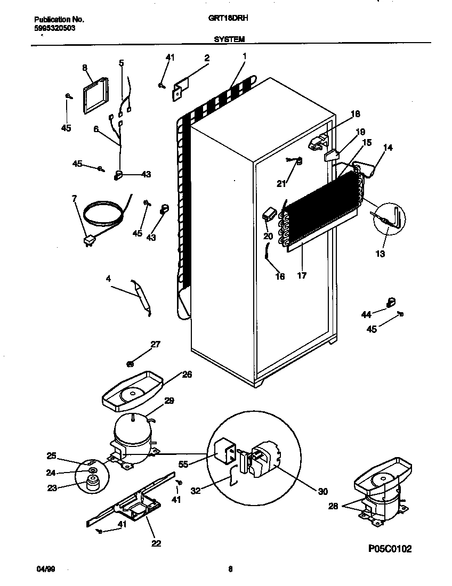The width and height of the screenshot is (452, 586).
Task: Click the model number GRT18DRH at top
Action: (x=223, y=18)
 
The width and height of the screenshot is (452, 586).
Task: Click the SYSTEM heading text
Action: (x=230, y=39)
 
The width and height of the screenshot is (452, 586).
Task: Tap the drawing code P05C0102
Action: (x=389, y=549)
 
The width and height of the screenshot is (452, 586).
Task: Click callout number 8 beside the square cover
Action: (x=84, y=68)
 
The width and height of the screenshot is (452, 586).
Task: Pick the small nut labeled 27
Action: (x=130, y=364)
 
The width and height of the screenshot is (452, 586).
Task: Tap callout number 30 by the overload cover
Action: (x=322, y=492)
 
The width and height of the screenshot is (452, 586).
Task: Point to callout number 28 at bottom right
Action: (x=333, y=506)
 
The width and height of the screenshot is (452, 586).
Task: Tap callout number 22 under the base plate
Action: (x=156, y=544)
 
